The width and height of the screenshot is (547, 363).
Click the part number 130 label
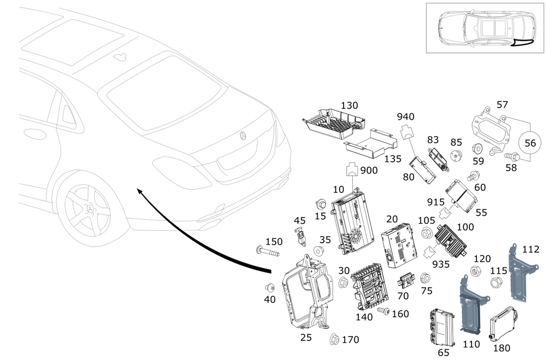click(350, 105)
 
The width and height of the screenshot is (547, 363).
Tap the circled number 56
click(530, 143)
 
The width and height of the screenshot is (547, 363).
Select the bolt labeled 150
click(266, 252)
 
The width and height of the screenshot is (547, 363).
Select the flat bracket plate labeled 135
click(372, 144)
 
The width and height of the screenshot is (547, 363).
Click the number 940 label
click(406, 116)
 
